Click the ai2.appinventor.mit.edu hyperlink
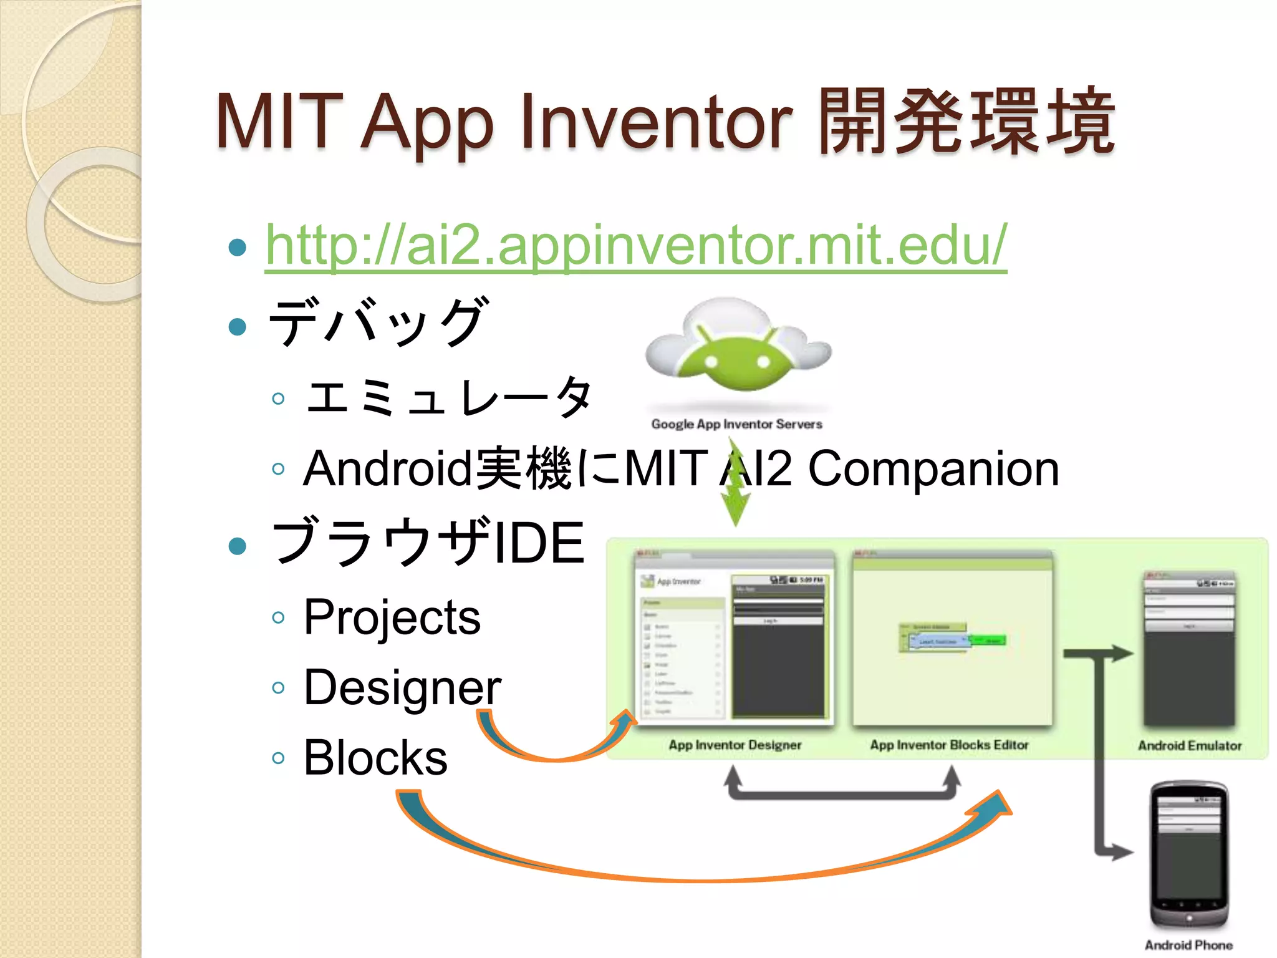pyautogui.click(x=635, y=246)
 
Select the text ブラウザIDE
pyautogui.click(x=428, y=543)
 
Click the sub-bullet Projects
pyautogui.click(x=392, y=617)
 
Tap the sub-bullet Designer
pyautogui.click(x=402, y=688)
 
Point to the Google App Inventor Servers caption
pyautogui.click(x=736, y=425)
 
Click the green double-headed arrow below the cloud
pyautogui.click(x=736, y=483)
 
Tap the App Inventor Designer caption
pyautogui.click(x=735, y=745)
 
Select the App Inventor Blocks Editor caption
pyautogui.click(x=949, y=745)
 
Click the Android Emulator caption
pyautogui.click(x=1189, y=746)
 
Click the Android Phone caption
pyautogui.click(x=1188, y=946)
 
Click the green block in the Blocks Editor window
pyautogui.click(x=988, y=640)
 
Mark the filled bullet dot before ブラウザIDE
pyautogui.click(x=238, y=546)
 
